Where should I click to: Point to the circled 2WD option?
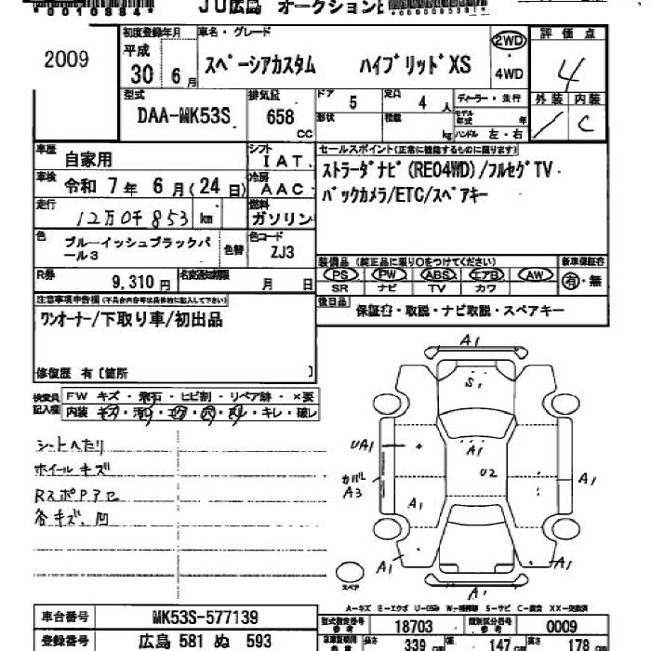click(509, 41)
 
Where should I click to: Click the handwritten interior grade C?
click(585, 123)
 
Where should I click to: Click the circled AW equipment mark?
click(535, 275)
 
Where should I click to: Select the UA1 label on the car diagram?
click(363, 445)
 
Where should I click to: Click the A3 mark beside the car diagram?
click(352, 492)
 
